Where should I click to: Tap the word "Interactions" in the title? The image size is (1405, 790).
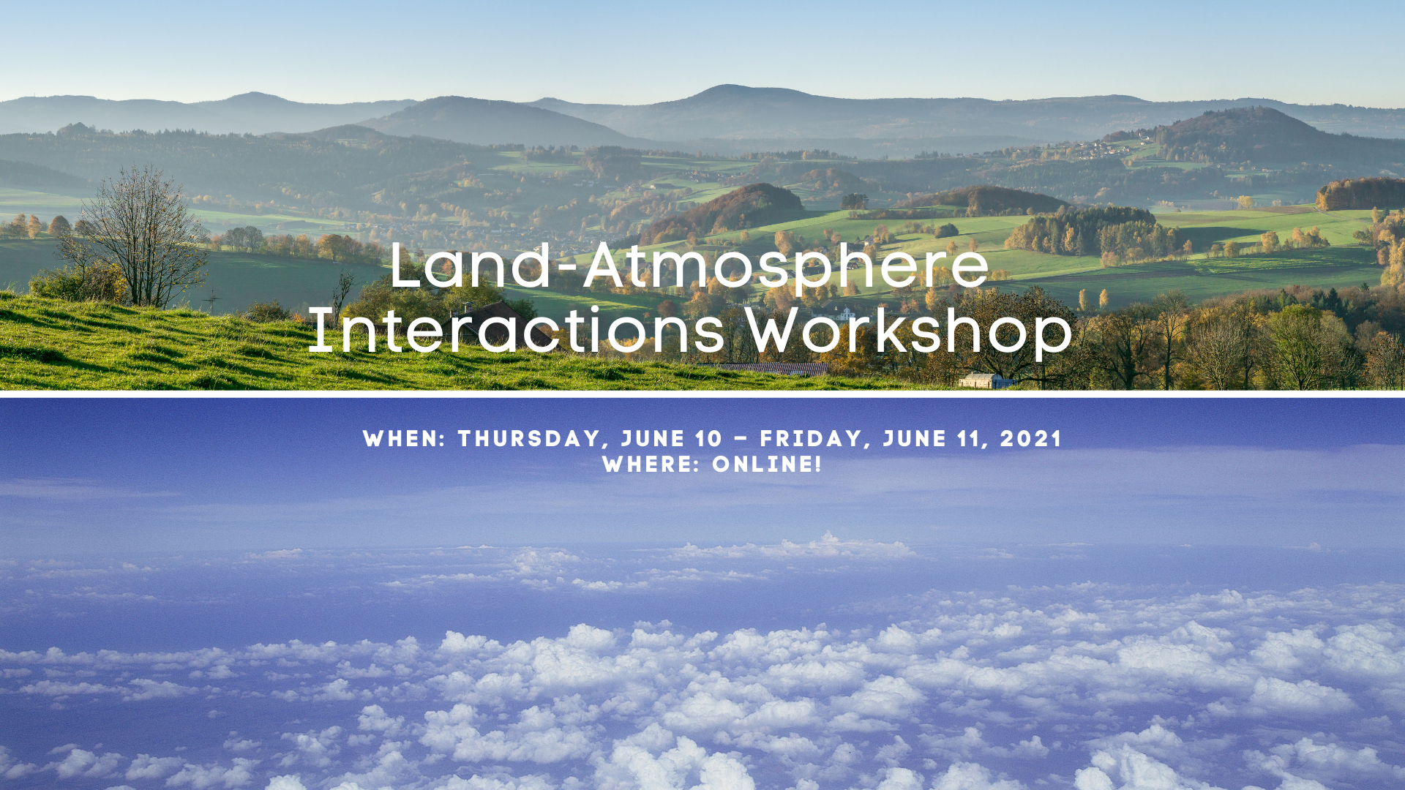517,330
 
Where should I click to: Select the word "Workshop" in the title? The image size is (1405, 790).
909,331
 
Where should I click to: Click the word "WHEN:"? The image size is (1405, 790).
405,439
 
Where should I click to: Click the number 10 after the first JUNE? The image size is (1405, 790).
708,439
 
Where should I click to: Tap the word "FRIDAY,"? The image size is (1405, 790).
815,439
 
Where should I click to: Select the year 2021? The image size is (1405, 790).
1030,439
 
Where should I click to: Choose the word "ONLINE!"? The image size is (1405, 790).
767,464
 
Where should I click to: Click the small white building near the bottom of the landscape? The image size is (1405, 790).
982,380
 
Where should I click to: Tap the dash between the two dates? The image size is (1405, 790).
741,440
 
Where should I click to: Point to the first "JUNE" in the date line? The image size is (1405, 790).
653,439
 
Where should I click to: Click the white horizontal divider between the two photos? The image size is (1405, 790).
702,394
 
